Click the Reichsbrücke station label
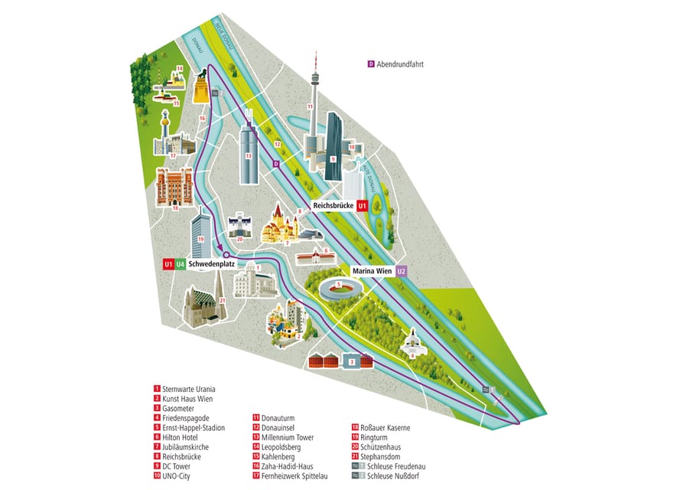click(x=333, y=206)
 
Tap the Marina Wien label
click(x=372, y=271)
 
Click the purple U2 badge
click(x=402, y=271)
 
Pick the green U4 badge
click(x=180, y=263)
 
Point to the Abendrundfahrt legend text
click(x=399, y=64)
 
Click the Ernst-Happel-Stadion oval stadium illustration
click(x=337, y=290)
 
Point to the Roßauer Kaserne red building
click(x=173, y=187)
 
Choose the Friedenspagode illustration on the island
click(x=412, y=342)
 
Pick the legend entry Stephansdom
click(x=383, y=456)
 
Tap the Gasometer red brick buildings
click(x=324, y=359)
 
